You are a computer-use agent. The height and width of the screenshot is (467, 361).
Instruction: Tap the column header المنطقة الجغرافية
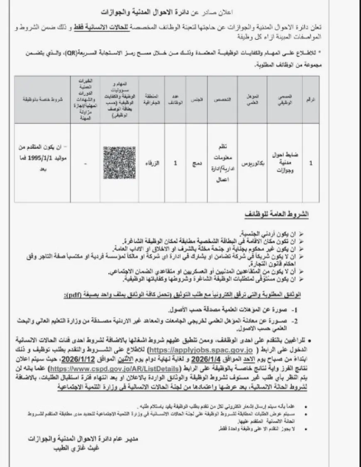click(150, 100)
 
